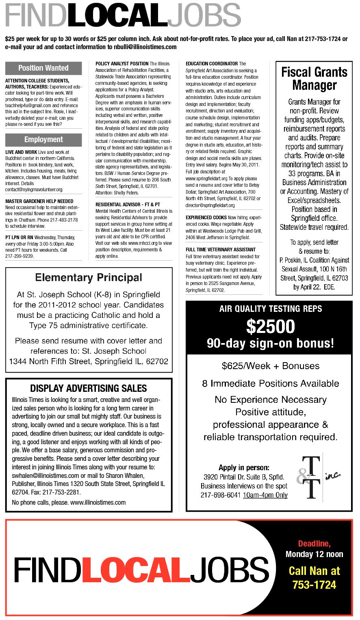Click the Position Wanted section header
(x=43, y=68)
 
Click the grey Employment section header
(x=43, y=140)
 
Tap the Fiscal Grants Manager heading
(x=314, y=79)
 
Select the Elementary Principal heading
(x=89, y=278)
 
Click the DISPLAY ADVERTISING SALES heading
(x=89, y=388)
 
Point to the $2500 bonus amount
(x=270, y=327)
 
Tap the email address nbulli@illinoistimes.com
(x=145, y=47)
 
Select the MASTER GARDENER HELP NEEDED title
(x=39, y=201)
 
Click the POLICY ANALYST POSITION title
(x=122, y=64)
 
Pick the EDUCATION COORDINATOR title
(x=212, y=64)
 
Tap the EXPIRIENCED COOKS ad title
(x=206, y=218)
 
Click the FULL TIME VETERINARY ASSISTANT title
(x=221, y=250)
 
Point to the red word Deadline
(x=314, y=544)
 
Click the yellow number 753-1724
(x=314, y=585)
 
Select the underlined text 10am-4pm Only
(x=265, y=495)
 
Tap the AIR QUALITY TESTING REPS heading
(x=270, y=309)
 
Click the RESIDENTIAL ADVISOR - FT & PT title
(x=128, y=205)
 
